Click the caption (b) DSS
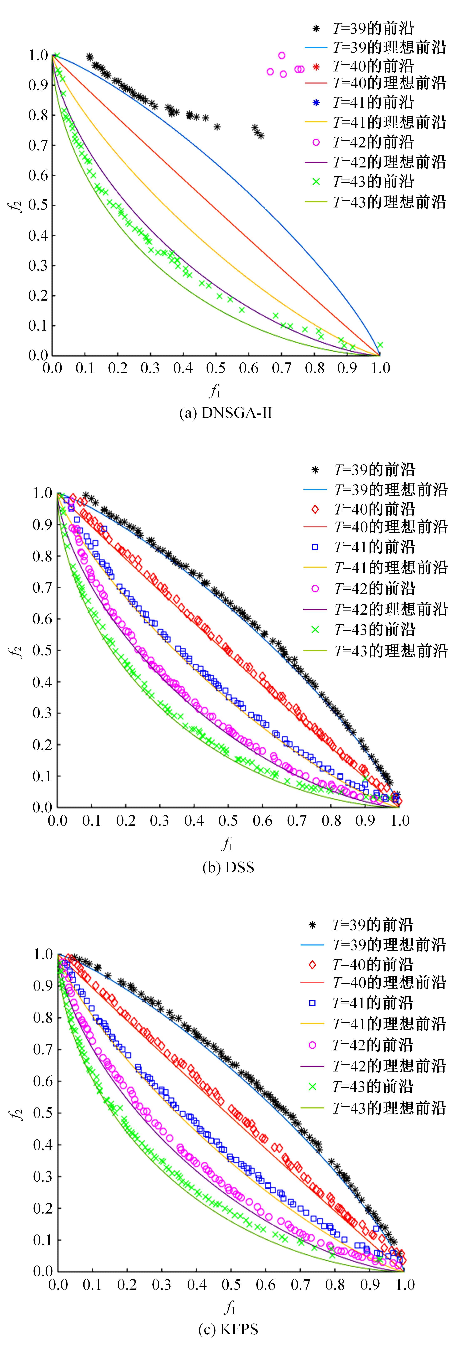228,867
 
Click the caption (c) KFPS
228,1329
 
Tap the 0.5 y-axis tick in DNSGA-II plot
38,205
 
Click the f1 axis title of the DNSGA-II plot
215,390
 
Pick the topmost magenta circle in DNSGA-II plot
281,55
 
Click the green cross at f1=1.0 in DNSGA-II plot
380,345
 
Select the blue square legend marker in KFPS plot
312,1003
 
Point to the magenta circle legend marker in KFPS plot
312,1045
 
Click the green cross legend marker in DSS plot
315,630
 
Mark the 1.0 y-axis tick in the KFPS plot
43,954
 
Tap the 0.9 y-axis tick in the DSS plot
42,525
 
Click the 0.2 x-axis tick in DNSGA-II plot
117,368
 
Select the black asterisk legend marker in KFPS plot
312,925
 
